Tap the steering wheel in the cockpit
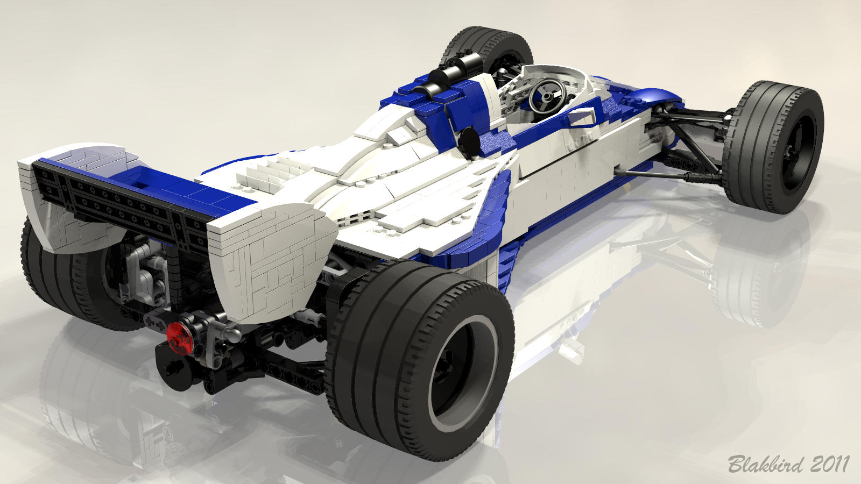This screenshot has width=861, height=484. pos(547,95)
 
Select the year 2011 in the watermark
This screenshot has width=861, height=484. pos(829,464)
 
